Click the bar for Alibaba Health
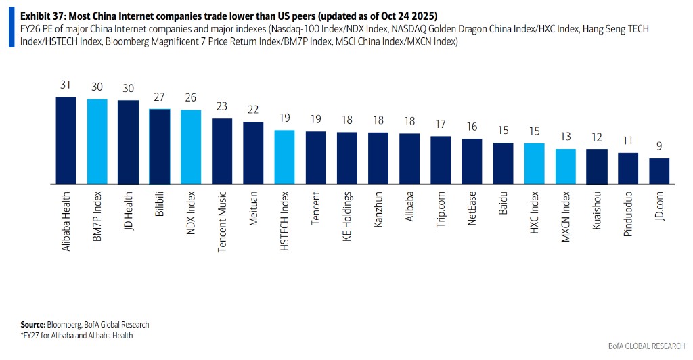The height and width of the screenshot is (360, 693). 66,141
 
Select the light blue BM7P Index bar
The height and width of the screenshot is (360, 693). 97,142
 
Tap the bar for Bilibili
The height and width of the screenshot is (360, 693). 159,147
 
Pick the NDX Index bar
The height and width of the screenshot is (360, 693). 190,147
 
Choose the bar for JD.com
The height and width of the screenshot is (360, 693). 659,171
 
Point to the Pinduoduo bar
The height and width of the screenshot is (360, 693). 628,168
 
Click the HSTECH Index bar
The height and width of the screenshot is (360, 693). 284,157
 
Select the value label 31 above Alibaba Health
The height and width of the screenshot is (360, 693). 66,86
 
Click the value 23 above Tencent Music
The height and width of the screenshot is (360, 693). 222,107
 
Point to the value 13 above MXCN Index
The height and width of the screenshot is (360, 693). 566,137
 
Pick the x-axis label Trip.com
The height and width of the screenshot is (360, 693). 441,212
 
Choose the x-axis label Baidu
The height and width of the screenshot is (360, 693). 503,206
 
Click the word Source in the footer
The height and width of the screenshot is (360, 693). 32,325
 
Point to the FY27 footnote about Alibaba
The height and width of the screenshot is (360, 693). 76,335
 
